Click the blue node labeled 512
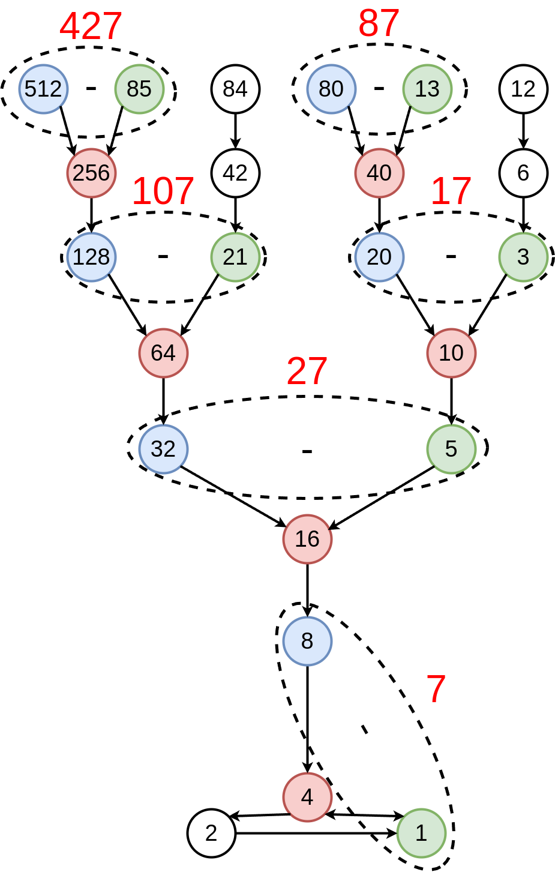point(43,89)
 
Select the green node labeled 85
point(139,89)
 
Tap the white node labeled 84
point(235,89)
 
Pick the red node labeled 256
point(91,173)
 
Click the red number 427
point(91,26)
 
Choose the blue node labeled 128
point(91,257)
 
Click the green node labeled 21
point(235,257)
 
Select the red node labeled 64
point(163,353)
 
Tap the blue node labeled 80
point(331,89)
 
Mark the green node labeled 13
point(427,89)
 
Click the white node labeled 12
point(523,89)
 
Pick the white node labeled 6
point(523,173)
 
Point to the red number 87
point(379,24)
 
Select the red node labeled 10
point(451,353)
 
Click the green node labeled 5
point(451,449)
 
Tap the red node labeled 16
point(307,539)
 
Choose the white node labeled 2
point(211,833)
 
